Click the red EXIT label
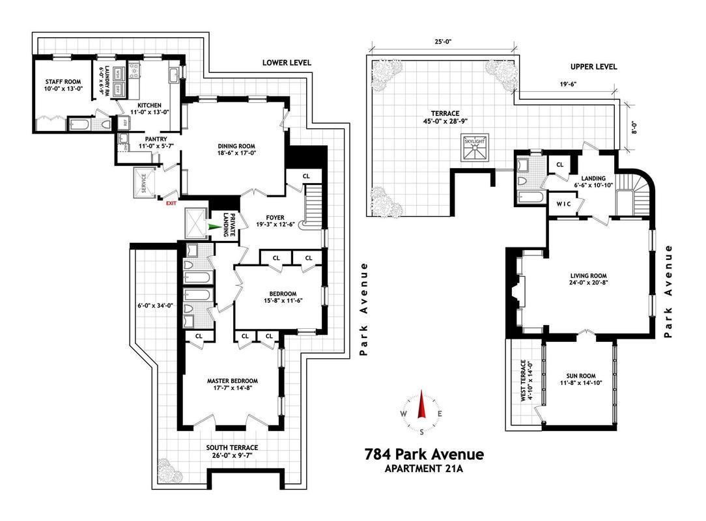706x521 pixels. point(171,204)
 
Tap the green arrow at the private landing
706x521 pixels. point(212,227)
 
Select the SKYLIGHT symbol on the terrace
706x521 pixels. point(476,147)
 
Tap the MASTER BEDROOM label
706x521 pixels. point(233,381)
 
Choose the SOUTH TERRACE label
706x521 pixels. point(232,447)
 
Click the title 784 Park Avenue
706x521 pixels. point(425,455)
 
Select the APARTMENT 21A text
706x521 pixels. point(424,468)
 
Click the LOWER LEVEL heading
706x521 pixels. point(287,63)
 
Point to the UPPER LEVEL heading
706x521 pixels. point(593,66)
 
